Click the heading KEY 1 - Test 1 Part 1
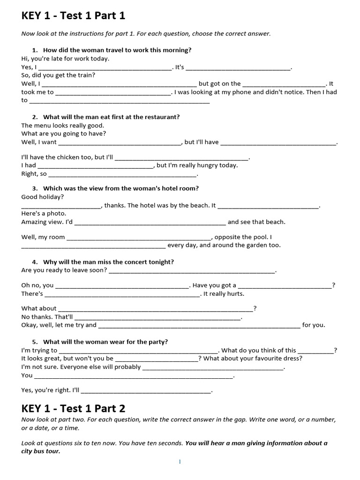(73, 16)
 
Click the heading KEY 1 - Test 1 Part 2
(73, 408)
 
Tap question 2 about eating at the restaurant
(111, 117)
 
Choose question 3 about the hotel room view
(121, 188)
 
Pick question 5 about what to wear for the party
(105, 341)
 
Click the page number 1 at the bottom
(180, 462)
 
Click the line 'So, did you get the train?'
(59, 75)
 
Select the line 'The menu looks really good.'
(63, 125)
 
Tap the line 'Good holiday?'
(43, 197)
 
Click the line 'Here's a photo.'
(44, 213)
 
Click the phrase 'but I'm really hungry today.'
(197, 165)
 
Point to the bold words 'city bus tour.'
(41, 451)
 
